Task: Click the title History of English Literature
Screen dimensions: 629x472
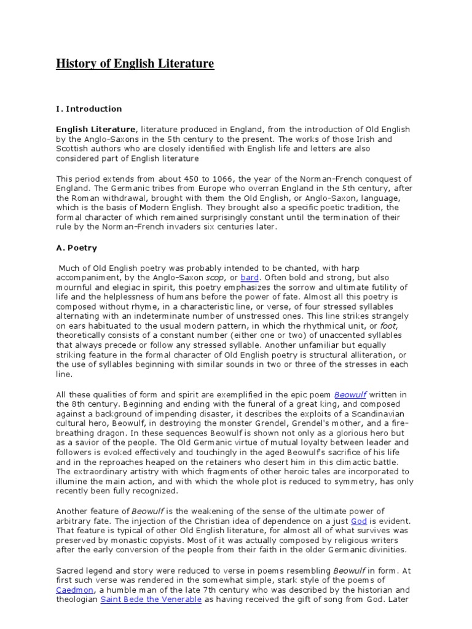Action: (x=135, y=64)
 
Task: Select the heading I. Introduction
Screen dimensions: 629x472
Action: (x=89, y=109)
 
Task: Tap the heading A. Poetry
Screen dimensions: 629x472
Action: (x=77, y=248)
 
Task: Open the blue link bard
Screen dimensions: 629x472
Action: (x=250, y=278)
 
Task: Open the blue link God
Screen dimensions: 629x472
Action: (x=359, y=521)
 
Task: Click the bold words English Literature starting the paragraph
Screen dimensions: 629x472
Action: (x=96, y=129)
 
